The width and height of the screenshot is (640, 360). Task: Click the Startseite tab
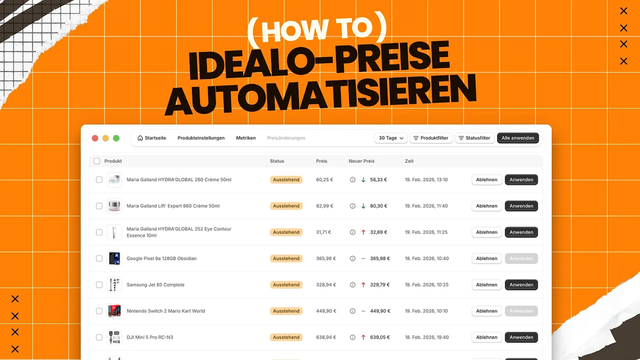tap(151, 138)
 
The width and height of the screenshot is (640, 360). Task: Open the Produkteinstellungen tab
tap(201, 138)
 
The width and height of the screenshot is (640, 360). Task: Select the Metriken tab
tap(245, 138)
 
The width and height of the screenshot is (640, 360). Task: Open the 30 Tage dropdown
tap(390, 138)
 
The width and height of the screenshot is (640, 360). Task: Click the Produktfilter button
tap(431, 138)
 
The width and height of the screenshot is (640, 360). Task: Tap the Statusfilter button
tap(474, 138)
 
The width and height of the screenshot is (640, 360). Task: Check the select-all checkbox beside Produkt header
tap(97, 161)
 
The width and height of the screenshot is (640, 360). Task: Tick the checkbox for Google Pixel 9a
tap(99, 258)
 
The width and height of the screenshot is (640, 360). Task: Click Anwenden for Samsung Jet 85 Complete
tap(521, 285)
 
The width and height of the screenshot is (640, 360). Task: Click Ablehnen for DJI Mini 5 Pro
tap(486, 337)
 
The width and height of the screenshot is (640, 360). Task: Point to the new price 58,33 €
tap(378, 179)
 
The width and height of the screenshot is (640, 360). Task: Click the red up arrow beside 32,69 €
tap(363, 232)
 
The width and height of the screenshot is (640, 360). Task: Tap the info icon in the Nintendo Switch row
tap(352, 311)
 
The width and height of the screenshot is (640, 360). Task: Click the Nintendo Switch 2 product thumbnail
tap(114, 311)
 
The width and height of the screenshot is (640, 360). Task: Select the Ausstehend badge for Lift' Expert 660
tap(286, 206)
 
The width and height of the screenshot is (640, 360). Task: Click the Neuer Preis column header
tap(361, 161)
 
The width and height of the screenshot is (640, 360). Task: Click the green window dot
tap(116, 138)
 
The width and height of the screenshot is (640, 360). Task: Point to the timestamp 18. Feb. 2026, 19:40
tap(426, 337)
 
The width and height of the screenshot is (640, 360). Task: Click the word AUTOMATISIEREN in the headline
tap(320, 95)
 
